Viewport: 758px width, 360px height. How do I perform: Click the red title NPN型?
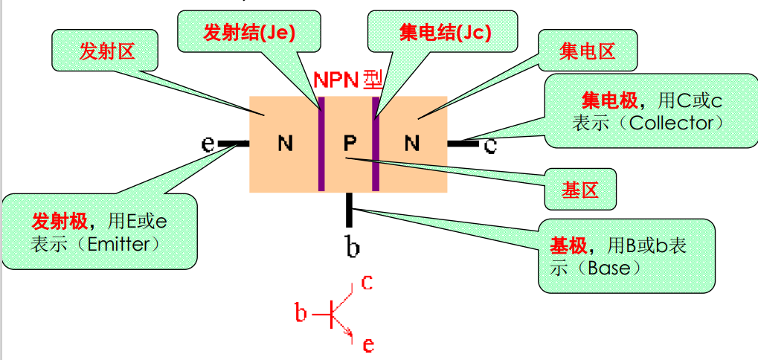347,80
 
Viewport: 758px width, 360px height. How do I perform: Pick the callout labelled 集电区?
588,51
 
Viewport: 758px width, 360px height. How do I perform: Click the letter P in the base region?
350,143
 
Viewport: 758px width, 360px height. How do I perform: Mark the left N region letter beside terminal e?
285,143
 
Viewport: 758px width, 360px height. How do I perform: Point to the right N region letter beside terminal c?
412,143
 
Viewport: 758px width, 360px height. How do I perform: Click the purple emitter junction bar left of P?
322,143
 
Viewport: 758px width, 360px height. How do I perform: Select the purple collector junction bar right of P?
376,143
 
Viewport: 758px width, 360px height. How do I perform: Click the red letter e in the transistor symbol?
367,344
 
